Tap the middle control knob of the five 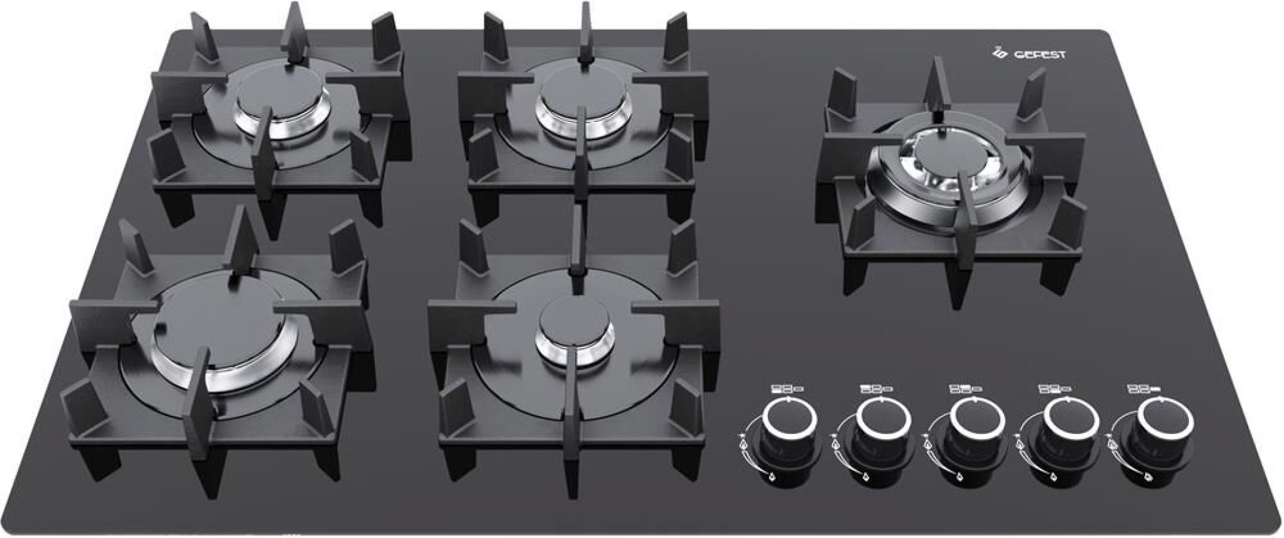(x=966, y=421)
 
